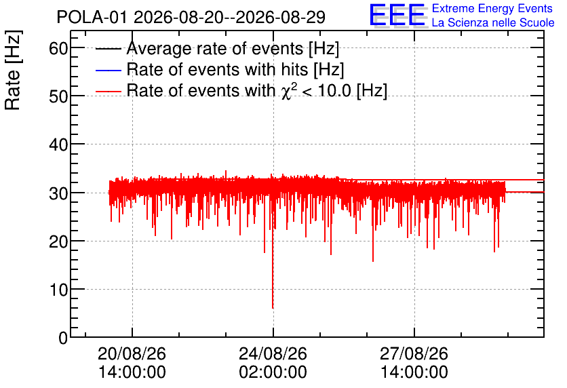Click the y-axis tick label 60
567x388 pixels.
click(x=58, y=48)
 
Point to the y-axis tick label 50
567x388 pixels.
click(x=58, y=96)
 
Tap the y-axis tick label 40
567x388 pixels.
click(x=58, y=144)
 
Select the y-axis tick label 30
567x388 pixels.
click(x=58, y=193)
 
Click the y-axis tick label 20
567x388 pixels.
click(x=58, y=241)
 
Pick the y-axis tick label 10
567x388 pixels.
click(x=58, y=289)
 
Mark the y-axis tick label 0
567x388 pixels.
click(x=63, y=338)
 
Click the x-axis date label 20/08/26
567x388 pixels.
click(x=132, y=353)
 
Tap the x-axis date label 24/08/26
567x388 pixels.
click(x=273, y=353)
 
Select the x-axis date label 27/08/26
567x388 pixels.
click(x=414, y=353)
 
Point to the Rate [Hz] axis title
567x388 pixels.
click(x=13, y=70)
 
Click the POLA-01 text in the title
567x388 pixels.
click(x=92, y=17)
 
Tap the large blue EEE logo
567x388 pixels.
click(x=397, y=16)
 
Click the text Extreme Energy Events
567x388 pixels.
click(x=492, y=8)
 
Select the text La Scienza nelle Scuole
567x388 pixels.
click(x=493, y=22)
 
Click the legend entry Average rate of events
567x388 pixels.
click(x=233, y=48)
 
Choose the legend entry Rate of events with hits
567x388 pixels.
click(x=235, y=69)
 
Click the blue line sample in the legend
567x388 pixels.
click(x=109, y=70)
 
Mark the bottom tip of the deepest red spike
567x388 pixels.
click(x=273, y=308)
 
